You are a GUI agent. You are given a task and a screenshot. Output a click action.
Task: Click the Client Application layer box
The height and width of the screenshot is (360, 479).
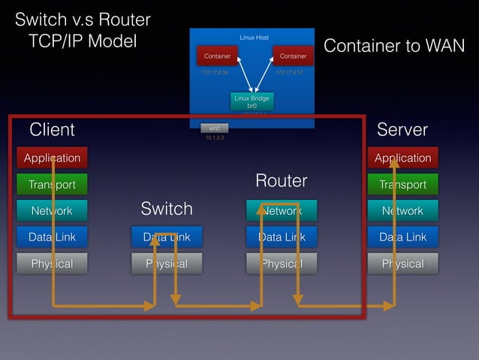(52, 158)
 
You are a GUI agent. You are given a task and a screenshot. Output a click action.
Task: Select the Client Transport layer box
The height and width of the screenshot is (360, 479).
(52, 184)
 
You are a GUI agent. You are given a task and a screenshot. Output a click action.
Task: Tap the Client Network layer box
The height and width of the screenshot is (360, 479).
(52, 211)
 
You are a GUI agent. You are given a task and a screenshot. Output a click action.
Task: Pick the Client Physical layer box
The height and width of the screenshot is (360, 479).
(52, 264)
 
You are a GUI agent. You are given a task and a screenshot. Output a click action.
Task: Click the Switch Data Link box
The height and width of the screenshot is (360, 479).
(167, 237)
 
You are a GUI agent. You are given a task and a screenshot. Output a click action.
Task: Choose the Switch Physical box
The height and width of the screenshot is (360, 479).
(167, 264)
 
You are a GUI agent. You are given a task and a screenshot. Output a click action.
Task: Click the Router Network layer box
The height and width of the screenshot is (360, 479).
(282, 211)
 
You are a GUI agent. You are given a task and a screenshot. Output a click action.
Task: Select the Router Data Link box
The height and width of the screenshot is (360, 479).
(282, 237)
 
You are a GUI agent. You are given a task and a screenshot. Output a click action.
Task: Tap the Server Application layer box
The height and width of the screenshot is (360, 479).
(402, 158)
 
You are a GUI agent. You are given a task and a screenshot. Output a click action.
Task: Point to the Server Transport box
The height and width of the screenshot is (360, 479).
(402, 184)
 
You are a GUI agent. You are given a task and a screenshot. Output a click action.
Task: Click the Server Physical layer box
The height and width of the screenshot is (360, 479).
(402, 264)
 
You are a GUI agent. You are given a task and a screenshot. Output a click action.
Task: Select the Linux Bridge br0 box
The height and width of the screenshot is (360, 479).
(252, 102)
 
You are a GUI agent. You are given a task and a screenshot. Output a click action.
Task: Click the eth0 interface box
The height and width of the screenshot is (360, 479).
(214, 129)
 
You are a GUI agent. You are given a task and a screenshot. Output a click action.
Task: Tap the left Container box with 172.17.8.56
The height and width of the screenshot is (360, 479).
(218, 56)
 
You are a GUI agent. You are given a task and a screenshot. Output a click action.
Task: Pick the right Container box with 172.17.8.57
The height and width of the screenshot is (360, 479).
(293, 56)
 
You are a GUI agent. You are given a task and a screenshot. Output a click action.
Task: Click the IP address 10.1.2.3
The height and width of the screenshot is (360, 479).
(214, 138)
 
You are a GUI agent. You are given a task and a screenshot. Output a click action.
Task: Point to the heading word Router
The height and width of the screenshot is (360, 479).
(282, 181)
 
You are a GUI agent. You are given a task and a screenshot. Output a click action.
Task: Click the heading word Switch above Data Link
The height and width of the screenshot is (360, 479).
(167, 208)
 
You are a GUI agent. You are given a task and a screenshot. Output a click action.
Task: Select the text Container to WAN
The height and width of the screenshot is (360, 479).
(393, 47)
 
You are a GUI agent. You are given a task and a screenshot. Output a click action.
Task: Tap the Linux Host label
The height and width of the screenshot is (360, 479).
(254, 37)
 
